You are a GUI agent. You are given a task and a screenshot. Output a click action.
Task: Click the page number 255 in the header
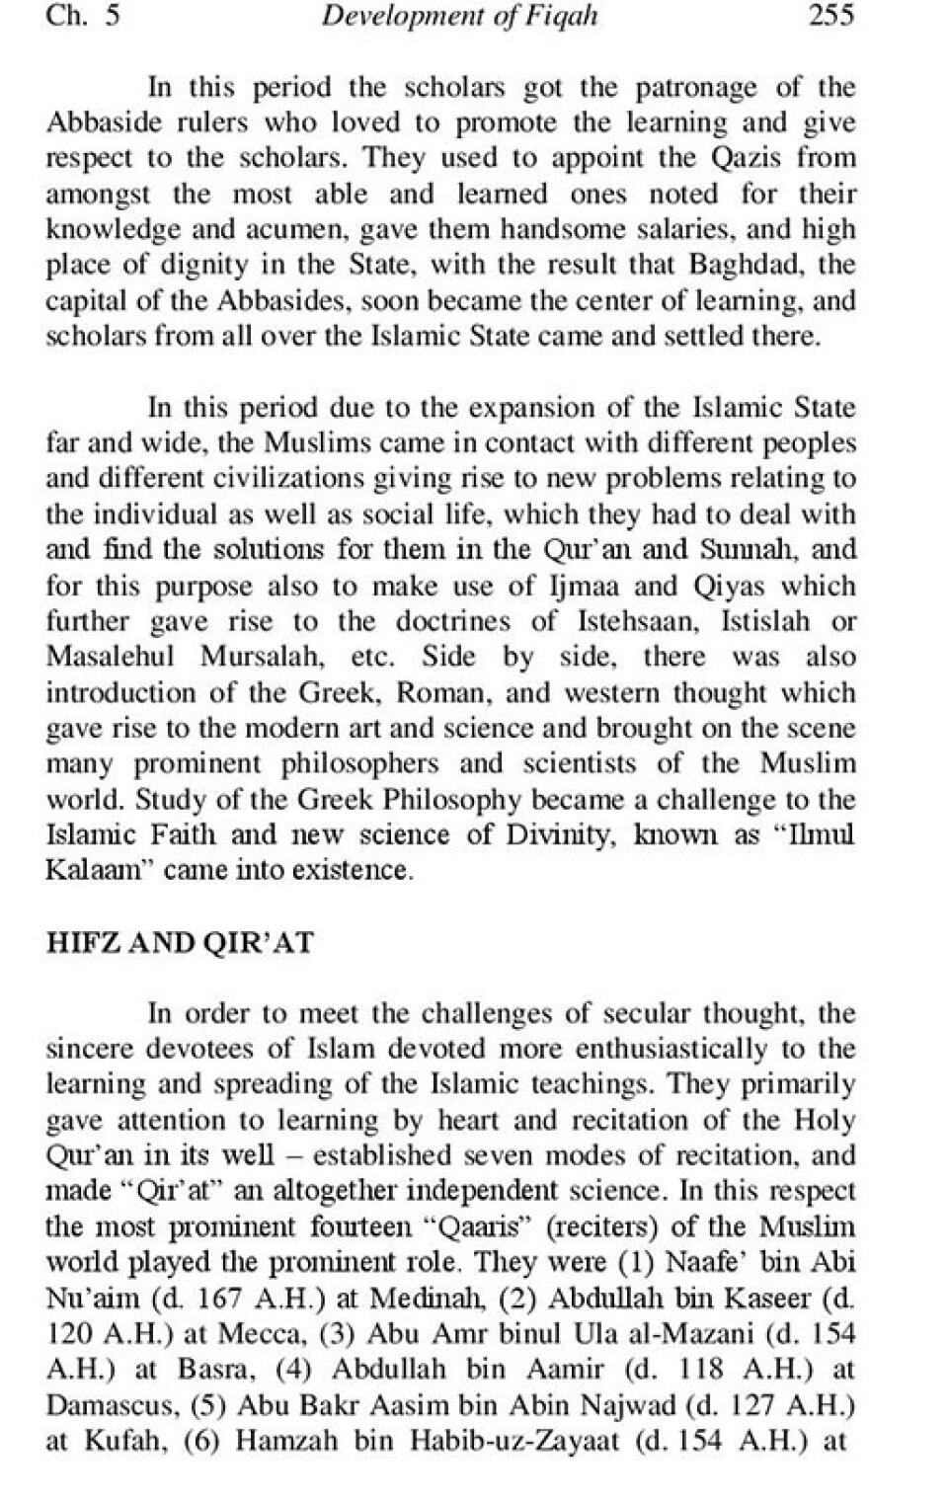[x=830, y=16]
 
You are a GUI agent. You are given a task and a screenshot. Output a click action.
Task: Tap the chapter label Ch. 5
[x=83, y=16]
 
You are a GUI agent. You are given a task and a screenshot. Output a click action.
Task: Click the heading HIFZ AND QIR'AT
[x=180, y=942]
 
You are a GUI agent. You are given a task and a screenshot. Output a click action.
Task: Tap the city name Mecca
[x=257, y=1333]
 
